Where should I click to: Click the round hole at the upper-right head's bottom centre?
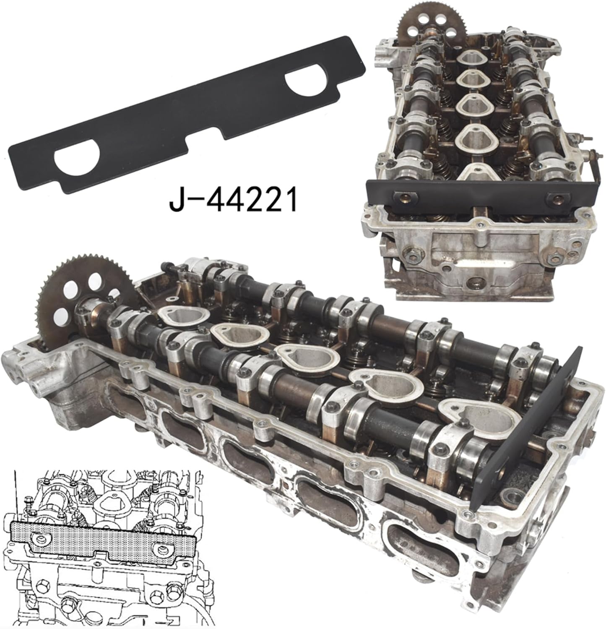pos(476,282)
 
